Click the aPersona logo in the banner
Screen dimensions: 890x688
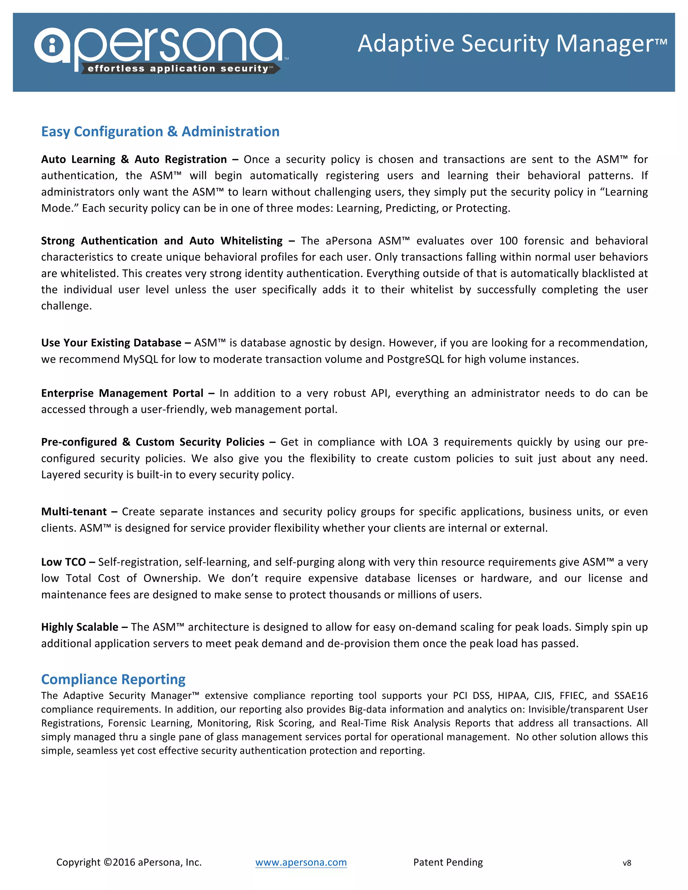(x=159, y=47)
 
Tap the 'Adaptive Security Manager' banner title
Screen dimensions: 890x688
(x=512, y=44)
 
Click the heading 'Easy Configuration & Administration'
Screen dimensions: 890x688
(x=160, y=132)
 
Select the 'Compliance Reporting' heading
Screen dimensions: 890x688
(x=113, y=679)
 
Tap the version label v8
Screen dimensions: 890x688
(x=627, y=863)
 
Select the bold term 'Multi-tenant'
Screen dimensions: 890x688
(x=74, y=511)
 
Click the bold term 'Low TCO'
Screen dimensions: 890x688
(x=63, y=562)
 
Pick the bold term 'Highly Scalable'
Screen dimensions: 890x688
(x=80, y=627)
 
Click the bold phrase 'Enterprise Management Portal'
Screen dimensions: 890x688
(x=122, y=393)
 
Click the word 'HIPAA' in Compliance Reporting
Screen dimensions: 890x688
(x=512, y=696)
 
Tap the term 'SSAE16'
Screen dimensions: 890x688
(x=631, y=696)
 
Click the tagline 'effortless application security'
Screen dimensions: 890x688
(x=178, y=69)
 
